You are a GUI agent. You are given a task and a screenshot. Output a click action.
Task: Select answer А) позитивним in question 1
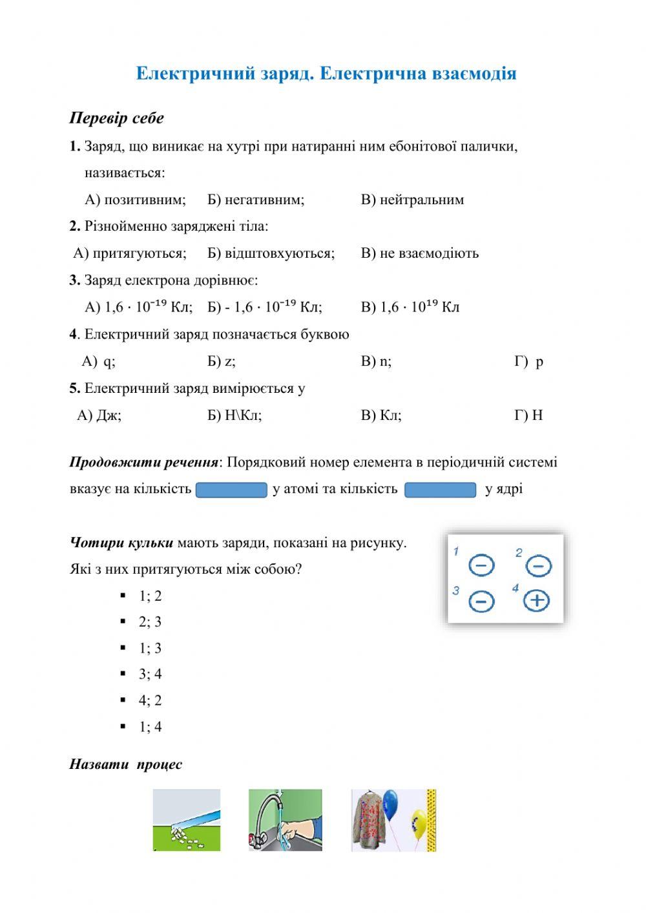tap(135, 200)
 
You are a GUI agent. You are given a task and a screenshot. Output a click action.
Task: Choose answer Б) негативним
tap(256, 200)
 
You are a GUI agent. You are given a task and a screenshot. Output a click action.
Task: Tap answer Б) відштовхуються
tap(271, 253)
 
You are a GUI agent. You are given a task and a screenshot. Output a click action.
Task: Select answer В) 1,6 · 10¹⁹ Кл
tap(410, 307)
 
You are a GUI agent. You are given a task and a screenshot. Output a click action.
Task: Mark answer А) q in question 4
tap(99, 361)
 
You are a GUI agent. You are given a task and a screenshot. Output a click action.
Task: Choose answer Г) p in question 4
tap(528, 361)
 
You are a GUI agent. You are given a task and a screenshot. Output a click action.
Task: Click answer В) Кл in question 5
tap(381, 415)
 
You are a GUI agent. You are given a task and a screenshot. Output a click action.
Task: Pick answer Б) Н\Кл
tap(234, 415)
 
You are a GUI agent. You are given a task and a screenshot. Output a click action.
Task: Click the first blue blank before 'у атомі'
tap(231, 490)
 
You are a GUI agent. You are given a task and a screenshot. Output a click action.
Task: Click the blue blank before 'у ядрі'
tap(441, 490)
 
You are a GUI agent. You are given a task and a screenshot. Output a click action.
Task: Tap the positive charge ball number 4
tap(536, 600)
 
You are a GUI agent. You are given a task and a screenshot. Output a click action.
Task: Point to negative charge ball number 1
tap(481, 565)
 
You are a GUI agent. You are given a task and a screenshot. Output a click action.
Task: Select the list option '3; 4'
tap(150, 675)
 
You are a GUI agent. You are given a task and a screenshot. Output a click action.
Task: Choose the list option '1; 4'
tap(150, 727)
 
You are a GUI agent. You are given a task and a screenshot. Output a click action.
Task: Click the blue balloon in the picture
tap(390, 804)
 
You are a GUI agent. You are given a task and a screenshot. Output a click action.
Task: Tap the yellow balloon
tap(419, 824)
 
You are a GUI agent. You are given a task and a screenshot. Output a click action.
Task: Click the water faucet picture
tap(285, 819)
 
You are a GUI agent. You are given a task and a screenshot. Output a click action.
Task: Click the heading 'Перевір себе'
tap(117, 118)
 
